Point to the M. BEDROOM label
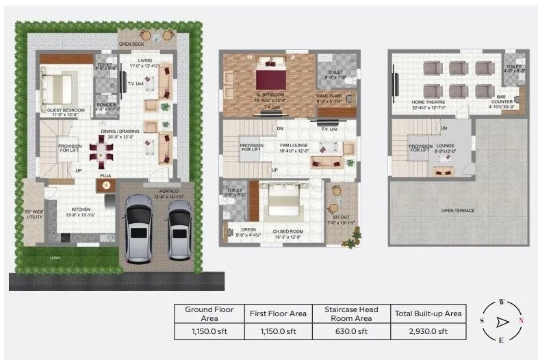pyautogui.click(x=270, y=94)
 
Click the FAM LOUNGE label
pyautogui.click(x=294, y=145)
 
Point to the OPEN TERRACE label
pyautogui.click(x=458, y=210)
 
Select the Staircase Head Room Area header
pyautogui.click(x=350, y=313)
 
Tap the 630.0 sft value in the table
pyautogui.click(x=350, y=332)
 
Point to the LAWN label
pyautogui.click(x=54, y=258)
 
